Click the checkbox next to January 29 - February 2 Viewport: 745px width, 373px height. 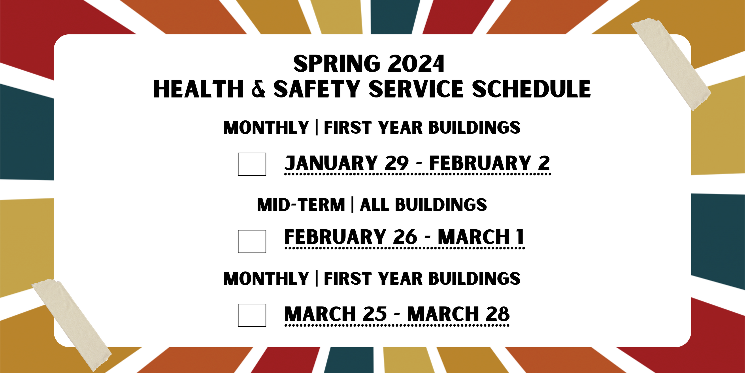252,164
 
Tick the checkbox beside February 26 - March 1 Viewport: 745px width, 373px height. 252,242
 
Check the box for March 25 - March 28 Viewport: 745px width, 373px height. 252,315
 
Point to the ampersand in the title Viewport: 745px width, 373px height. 258,89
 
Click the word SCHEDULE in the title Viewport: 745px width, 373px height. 532,89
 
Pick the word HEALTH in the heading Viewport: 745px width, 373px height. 198,89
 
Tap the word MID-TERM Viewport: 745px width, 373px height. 301,205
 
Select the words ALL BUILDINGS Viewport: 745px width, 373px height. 423,205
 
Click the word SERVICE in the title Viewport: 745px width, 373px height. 416,89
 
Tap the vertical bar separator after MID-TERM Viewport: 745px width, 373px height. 352,205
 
